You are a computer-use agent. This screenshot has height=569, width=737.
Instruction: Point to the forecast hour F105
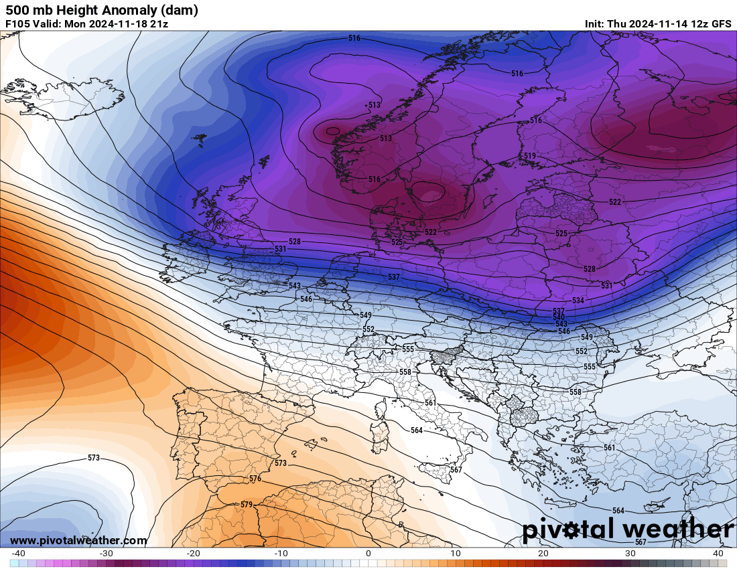[x=17, y=24]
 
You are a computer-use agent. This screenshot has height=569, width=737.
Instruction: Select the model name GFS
[x=721, y=24]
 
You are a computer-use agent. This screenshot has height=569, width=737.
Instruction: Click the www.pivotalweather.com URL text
[x=78, y=541]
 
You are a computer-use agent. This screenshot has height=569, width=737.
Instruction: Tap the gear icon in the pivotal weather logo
[x=572, y=531]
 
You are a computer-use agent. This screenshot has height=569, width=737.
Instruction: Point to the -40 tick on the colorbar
[x=18, y=554]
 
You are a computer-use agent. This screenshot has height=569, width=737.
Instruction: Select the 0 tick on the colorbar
[x=368, y=554]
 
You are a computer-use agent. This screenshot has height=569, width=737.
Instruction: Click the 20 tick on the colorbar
[x=543, y=554]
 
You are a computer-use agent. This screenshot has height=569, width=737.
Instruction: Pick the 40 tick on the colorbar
[x=718, y=554]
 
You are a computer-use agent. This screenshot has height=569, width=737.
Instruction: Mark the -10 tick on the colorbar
[x=281, y=554]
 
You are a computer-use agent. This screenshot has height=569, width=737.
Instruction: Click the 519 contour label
[x=529, y=156]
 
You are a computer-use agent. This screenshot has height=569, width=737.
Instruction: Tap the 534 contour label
[x=578, y=301]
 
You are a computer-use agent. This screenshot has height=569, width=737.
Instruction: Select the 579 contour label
[x=246, y=505]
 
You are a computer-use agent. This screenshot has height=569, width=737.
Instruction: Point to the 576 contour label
[x=255, y=479]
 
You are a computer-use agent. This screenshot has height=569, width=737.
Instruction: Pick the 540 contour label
[x=559, y=317]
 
